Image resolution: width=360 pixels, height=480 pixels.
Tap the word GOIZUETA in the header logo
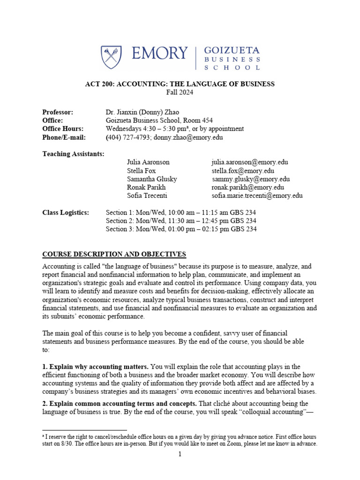(x=231, y=51)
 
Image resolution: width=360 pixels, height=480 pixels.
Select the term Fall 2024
(x=180, y=92)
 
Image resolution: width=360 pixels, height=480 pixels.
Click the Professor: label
(x=58, y=112)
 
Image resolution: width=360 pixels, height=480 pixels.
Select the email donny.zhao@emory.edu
(x=180, y=137)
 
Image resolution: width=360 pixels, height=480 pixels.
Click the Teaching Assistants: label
(x=73, y=154)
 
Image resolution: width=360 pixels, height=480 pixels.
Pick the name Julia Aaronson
(x=148, y=162)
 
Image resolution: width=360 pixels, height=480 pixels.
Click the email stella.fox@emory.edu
(x=243, y=171)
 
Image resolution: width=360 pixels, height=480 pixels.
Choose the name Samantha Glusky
(x=152, y=179)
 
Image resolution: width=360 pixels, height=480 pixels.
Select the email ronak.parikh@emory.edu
(x=247, y=187)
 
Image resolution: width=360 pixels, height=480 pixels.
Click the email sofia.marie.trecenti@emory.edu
(x=257, y=196)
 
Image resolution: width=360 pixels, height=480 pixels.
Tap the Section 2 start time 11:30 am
(x=173, y=221)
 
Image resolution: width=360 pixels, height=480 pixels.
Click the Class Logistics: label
(x=65, y=212)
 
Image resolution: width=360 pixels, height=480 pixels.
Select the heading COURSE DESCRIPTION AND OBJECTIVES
(x=114, y=254)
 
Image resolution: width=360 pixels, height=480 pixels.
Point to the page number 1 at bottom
(x=180, y=454)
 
